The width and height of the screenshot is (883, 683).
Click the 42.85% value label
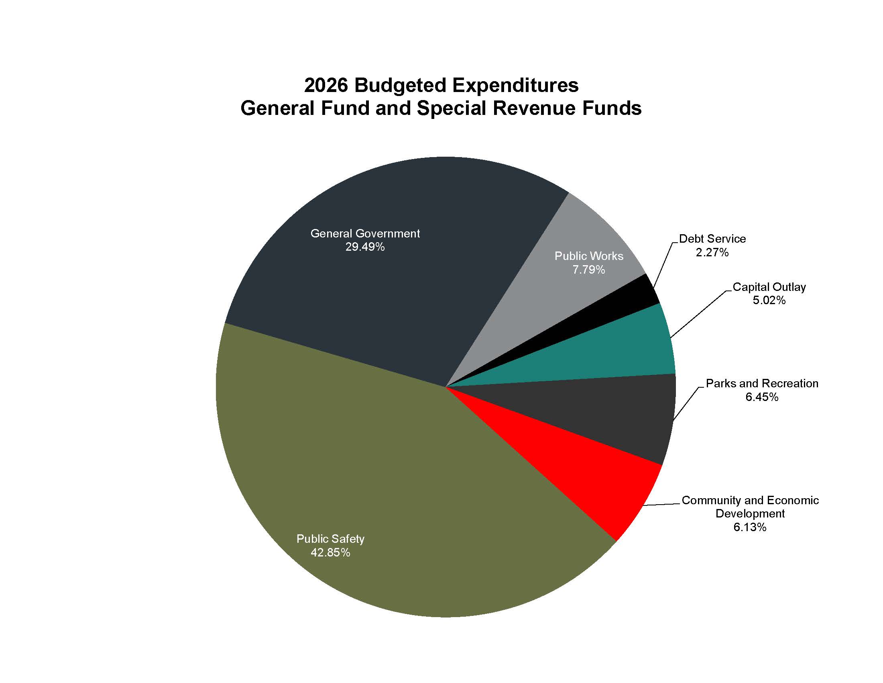pos(330,552)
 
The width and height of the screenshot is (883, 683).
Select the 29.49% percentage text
pos(365,247)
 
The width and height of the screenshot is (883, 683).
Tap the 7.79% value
pos(589,270)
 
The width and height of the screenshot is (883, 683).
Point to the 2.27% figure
pos(712,252)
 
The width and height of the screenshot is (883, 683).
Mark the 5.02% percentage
pos(769,300)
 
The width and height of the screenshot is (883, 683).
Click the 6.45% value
pos(762,397)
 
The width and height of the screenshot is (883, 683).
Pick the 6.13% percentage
pos(750,527)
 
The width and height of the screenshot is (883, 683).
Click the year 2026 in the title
pos(326,85)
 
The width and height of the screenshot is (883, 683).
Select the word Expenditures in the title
pos(515,85)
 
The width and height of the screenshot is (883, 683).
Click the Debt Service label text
pos(712,239)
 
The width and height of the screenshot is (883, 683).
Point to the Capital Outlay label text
pos(769,287)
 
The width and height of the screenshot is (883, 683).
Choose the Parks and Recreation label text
pos(762,383)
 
